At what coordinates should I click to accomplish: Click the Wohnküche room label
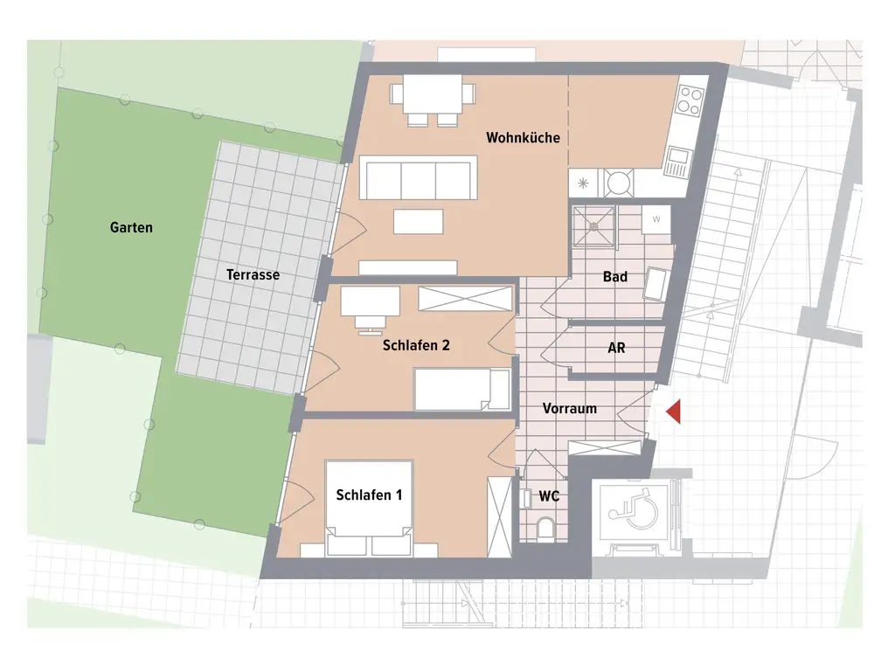tap(523, 138)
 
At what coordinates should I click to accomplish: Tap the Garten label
tap(131, 228)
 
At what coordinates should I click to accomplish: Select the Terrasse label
tap(253, 275)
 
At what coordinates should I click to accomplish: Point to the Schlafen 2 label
tap(416, 346)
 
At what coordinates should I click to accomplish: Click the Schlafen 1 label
tap(369, 495)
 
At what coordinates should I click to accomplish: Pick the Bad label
tap(614, 277)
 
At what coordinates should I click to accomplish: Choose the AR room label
tap(616, 348)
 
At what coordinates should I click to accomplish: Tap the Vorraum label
tap(569, 408)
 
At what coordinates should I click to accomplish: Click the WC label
tap(549, 496)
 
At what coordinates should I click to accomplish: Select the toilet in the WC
tap(546, 528)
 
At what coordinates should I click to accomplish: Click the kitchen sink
tap(676, 160)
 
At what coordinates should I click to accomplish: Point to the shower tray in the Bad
tap(593, 226)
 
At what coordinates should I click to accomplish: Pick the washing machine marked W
tap(656, 219)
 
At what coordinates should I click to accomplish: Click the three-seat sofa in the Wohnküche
tap(419, 178)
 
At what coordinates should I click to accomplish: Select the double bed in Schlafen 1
tap(368, 502)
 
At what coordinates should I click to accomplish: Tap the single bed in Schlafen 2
tap(462, 389)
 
